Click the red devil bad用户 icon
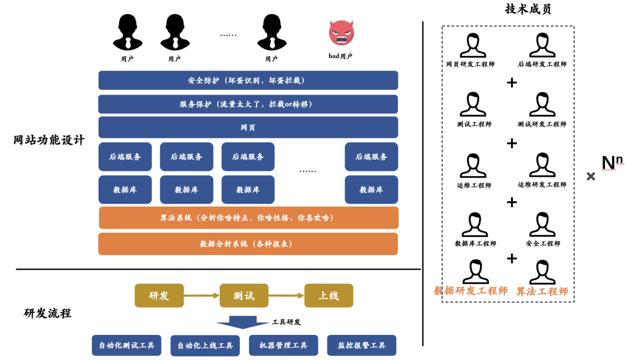(x=341, y=33)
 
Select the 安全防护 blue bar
(x=248, y=81)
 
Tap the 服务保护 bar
(x=248, y=104)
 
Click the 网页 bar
(x=248, y=127)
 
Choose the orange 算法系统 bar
(x=249, y=218)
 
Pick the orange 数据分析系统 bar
(x=248, y=244)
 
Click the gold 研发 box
(x=159, y=295)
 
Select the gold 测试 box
(x=244, y=295)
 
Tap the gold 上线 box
(x=328, y=295)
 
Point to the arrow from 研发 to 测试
(x=201, y=296)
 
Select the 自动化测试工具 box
(x=127, y=345)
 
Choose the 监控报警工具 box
(x=362, y=345)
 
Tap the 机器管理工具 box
(x=283, y=345)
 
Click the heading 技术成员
(x=528, y=9)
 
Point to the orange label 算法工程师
(x=542, y=291)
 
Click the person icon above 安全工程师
(x=542, y=225)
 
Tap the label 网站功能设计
(x=49, y=140)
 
